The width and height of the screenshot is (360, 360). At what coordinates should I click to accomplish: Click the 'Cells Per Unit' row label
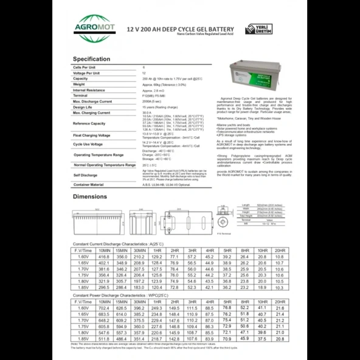pyautogui.click(x=85, y=67)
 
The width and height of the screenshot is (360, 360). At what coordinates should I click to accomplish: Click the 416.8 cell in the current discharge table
pyautogui.click(x=104, y=257)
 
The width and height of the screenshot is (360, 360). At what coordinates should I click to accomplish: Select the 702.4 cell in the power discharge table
pyautogui.click(x=104, y=308)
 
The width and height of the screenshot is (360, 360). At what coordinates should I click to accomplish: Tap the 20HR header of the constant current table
pyautogui.click(x=280, y=250)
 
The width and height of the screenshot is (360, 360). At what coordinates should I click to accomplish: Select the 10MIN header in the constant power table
pyautogui.click(x=104, y=302)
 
